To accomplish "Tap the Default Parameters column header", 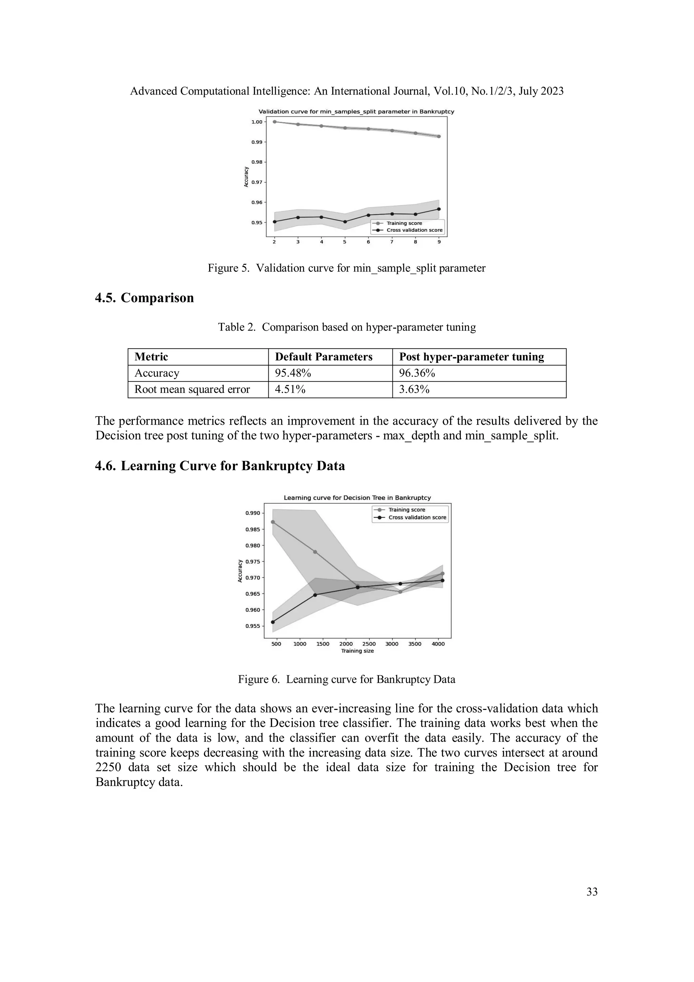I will click(323, 357).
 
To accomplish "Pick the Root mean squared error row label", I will click(192, 389).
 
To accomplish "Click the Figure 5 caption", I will click(346, 268).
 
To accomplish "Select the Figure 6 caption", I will click(346, 679).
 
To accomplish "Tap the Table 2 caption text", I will click(346, 327).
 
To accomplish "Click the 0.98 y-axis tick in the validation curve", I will click(257, 162).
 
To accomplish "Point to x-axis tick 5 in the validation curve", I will click(345, 242).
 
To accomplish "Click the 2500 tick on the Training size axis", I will click(369, 644).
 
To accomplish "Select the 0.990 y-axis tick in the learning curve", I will click(252, 513).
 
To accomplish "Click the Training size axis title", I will click(357, 651).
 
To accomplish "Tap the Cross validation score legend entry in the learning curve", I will click(417, 517).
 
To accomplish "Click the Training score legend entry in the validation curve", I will click(404, 223).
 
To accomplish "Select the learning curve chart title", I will click(357, 498).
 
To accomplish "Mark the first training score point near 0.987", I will click(273, 522).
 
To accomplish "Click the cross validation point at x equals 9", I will click(439, 209).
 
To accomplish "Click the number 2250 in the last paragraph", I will click(108, 767).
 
